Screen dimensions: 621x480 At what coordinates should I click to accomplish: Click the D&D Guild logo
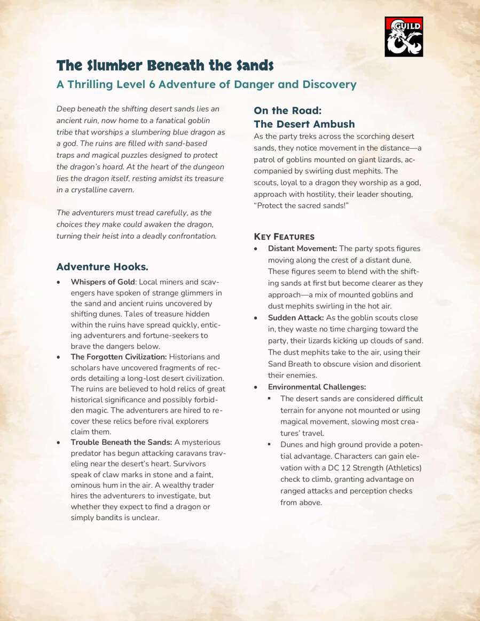pyautogui.click(x=404, y=36)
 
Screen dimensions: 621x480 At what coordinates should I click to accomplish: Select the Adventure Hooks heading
pyautogui.click(x=102, y=267)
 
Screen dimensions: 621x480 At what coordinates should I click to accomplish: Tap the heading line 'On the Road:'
pyautogui.click(x=287, y=110)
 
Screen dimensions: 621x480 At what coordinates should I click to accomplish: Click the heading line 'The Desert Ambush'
pyautogui.click(x=304, y=124)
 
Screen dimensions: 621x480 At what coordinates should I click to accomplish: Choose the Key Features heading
pyautogui.click(x=284, y=237)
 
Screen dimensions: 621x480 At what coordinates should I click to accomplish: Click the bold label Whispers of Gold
pyautogui.click(x=103, y=282)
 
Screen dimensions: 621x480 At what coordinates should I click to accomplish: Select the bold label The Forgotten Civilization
pyautogui.click(x=119, y=356)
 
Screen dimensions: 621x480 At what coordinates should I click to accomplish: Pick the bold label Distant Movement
pyautogui.click(x=302, y=249)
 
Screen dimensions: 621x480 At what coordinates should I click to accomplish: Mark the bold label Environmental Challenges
pyautogui.click(x=317, y=387)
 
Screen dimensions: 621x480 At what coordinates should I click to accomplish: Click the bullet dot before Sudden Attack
pyautogui.click(x=257, y=318)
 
